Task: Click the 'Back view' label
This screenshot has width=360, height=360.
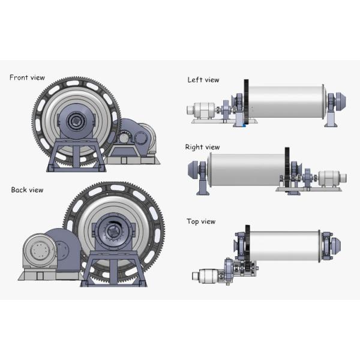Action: [27, 190]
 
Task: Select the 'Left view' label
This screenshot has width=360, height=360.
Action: [203, 80]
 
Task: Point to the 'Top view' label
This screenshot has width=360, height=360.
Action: [201, 221]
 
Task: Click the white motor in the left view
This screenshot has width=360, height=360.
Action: [202, 111]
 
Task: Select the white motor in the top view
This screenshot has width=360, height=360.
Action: [205, 276]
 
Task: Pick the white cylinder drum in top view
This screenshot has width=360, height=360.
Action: [285, 245]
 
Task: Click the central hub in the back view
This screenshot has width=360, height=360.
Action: [112, 231]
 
